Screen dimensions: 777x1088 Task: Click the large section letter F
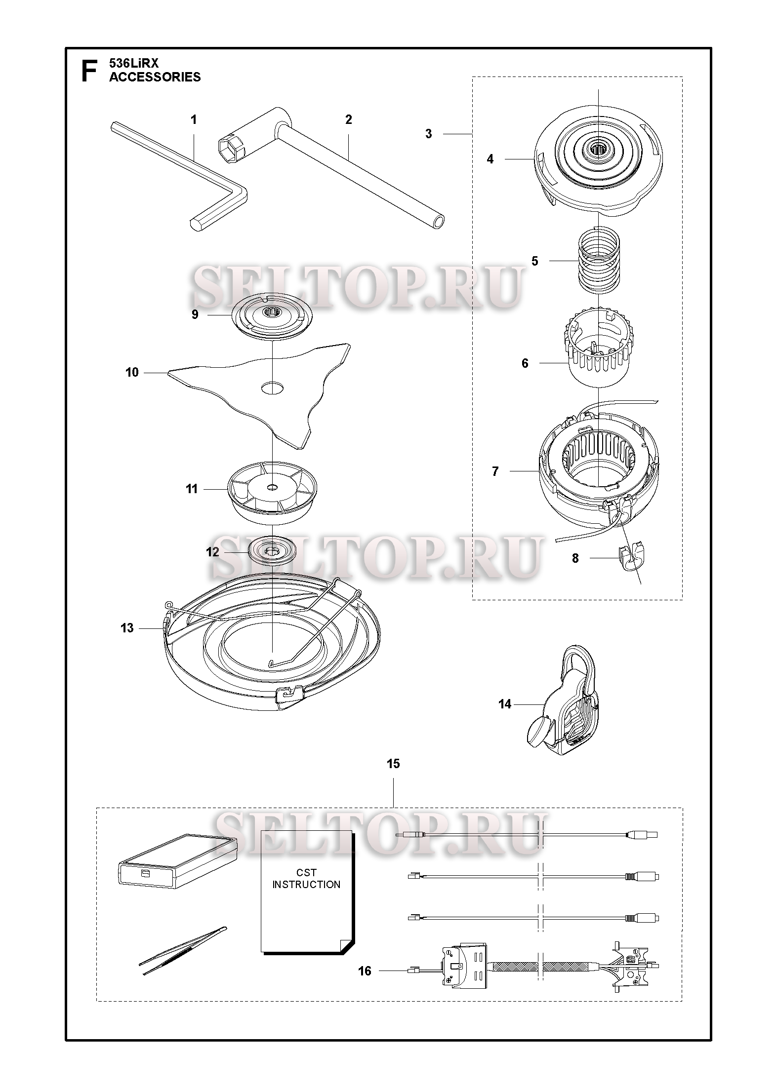click(88, 71)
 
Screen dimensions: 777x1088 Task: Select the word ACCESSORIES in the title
click(155, 77)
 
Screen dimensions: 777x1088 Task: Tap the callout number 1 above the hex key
click(194, 119)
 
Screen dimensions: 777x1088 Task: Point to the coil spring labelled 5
click(598, 259)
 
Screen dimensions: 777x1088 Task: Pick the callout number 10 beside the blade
click(132, 372)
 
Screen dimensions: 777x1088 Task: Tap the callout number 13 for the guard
click(127, 628)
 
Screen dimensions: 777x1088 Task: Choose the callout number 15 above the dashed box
click(393, 764)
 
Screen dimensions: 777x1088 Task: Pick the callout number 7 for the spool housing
click(495, 471)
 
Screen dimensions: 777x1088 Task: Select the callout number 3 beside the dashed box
click(428, 134)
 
